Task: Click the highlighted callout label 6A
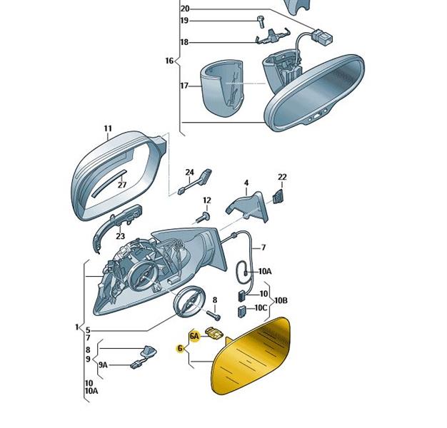pyautogui.click(x=194, y=336)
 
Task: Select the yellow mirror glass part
pyautogui.click(x=251, y=356)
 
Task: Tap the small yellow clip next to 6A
pyautogui.click(x=216, y=333)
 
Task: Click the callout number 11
pyautogui.click(x=108, y=128)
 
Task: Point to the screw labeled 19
pyautogui.click(x=261, y=21)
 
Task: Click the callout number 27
pyautogui.click(x=122, y=185)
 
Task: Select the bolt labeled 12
pyautogui.click(x=203, y=218)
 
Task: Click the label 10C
pyautogui.click(x=261, y=308)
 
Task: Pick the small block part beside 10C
pyautogui.click(x=242, y=312)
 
